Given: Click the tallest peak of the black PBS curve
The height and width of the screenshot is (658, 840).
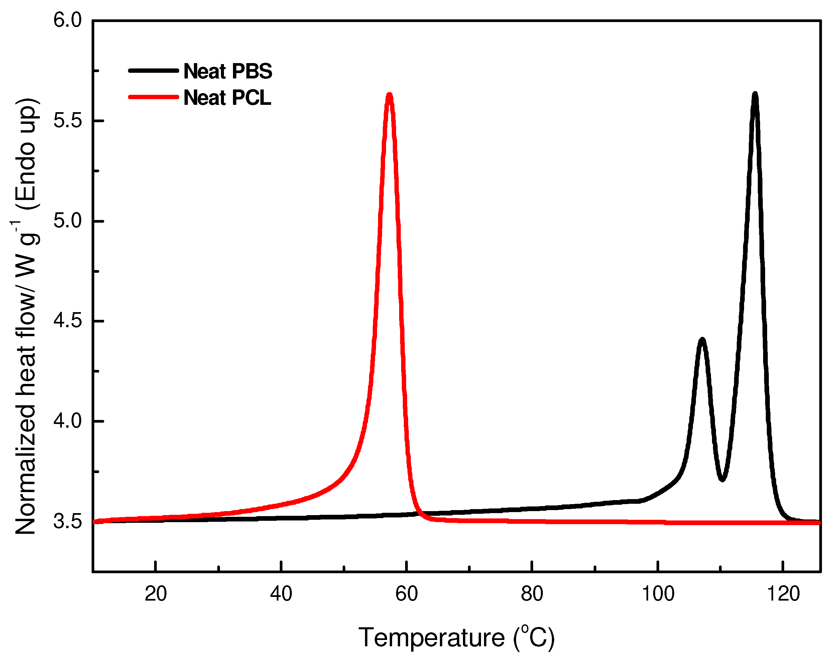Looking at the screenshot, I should [755, 94].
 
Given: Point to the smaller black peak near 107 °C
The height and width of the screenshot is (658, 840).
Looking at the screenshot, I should [702, 340].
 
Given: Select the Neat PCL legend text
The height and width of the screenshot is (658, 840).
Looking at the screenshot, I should [227, 97].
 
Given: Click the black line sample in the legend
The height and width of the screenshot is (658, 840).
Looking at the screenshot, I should [153, 70].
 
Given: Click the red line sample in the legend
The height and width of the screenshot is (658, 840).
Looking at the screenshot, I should [153, 97].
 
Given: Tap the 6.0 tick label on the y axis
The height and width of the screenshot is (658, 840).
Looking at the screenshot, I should [68, 20].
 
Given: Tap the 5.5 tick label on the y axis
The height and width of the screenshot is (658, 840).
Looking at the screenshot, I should [68, 121].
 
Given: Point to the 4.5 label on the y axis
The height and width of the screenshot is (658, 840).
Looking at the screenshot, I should [68, 321].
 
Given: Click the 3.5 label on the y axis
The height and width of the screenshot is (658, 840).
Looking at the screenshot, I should [68, 521].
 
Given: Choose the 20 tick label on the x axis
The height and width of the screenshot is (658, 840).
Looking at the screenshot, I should [155, 594].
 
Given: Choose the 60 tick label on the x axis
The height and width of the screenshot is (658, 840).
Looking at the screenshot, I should [406, 594].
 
